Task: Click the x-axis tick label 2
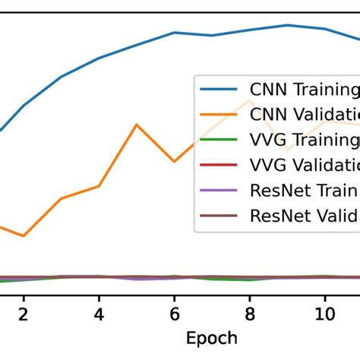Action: tap(24, 314)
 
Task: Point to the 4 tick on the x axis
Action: tap(99, 314)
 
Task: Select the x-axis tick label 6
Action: tap(174, 314)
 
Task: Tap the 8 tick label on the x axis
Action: tap(249, 314)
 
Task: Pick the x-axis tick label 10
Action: tap(324, 314)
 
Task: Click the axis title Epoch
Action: tap(212, 338)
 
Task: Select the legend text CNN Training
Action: tap(304, 90)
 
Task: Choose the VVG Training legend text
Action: tap(304, 141)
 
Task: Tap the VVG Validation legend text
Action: tap(304, 166)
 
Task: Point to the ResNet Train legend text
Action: tap(304, 191)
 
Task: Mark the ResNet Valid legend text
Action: tap(304, 216)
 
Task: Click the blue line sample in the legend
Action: tap(220, 90)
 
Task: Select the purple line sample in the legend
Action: tap(220, 191)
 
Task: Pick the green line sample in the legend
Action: tap(220, 141)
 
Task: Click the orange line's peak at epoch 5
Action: tap(137, 125)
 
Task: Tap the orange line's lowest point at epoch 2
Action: tap(24, 236)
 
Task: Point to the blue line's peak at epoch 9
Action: tap(287, 25)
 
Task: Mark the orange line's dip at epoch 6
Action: tap(174, 162)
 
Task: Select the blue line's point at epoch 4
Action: tap(99, 58)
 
